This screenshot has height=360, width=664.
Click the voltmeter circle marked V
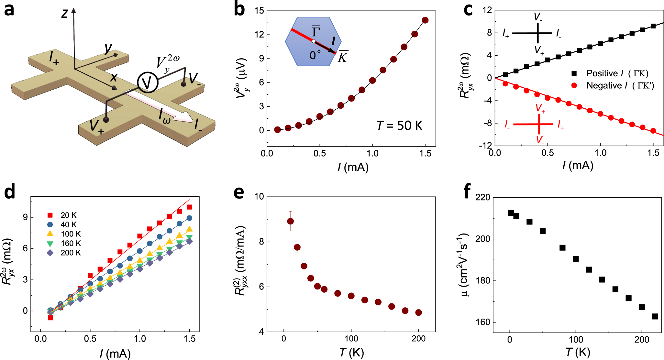point(148,82)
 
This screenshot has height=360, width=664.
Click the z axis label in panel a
point(65,14)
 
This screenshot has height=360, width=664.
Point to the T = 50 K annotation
point(399,125)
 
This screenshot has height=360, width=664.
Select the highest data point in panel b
point(425,20)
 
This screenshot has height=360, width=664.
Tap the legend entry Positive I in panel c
point(602,73)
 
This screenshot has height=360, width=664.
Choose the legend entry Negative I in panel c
point(603,86)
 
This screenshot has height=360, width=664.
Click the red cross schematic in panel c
point(539,124)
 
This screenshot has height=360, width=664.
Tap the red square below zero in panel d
point(50,318)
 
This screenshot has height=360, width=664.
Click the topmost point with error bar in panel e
point(290,221)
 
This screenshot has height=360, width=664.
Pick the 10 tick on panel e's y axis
point(259,197)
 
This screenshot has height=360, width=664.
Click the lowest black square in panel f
point(655,316)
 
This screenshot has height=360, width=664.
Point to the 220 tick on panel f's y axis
point(482,197)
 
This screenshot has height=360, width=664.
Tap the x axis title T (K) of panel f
point(578,352)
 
